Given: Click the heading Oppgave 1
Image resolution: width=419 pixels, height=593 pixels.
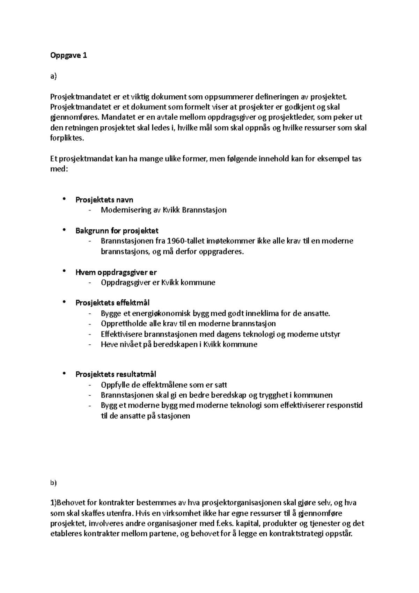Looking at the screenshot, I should coord(68,55).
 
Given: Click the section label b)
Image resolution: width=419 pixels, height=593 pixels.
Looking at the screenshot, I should coord(53,483).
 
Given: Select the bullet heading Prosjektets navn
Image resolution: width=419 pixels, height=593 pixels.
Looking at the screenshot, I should coord(104,200).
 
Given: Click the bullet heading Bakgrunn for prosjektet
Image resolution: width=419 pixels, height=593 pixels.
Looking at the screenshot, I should coord(117,230).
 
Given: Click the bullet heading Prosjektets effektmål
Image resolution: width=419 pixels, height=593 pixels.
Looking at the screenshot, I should coord(112,303).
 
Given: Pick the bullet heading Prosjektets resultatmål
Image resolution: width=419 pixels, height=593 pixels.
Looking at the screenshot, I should coord(116,374).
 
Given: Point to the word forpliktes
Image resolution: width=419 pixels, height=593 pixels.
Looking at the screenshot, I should coord(67,138).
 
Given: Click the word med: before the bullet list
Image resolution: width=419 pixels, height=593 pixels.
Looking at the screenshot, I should coord(58,169).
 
